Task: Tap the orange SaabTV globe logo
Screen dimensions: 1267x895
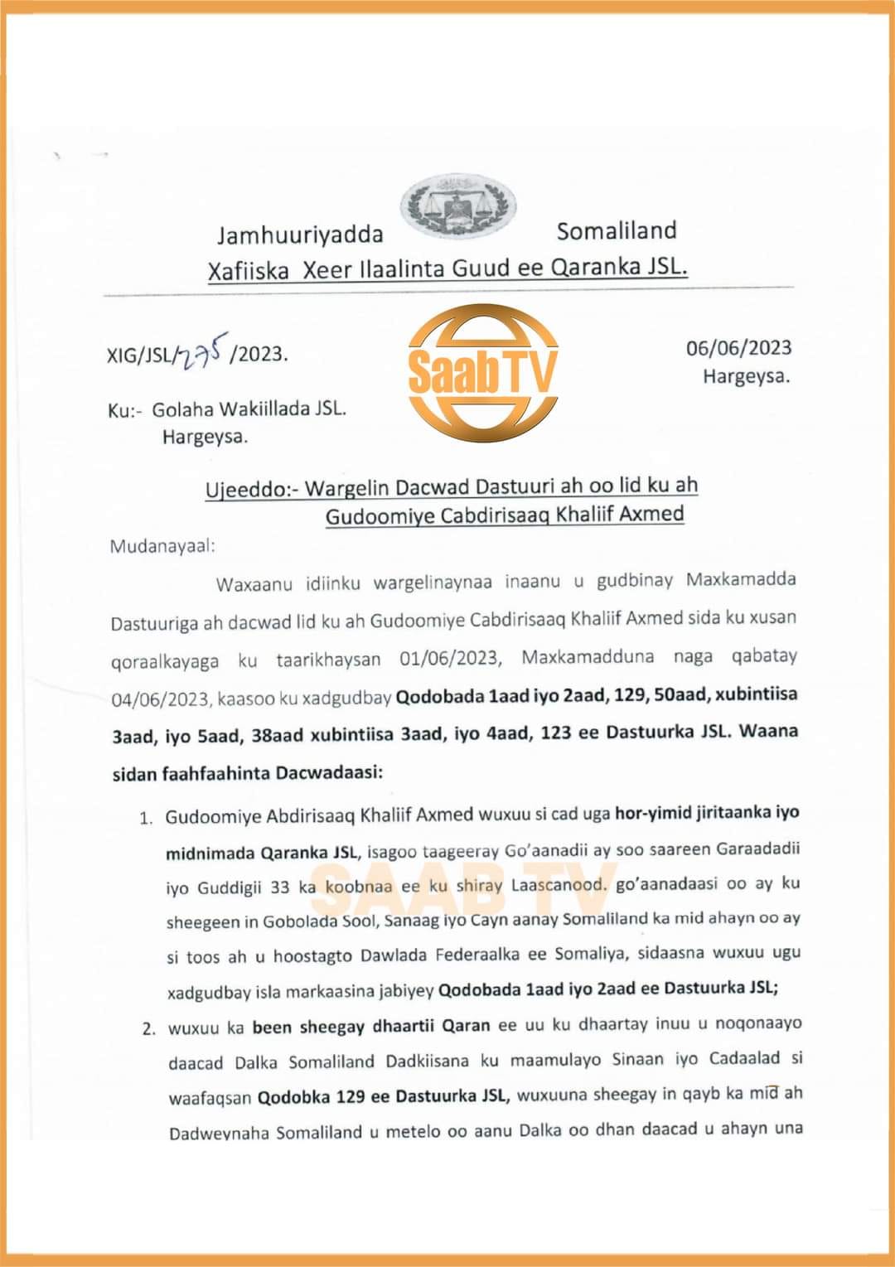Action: click(482, 372)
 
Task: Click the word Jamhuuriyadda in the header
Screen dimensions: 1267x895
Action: click(300, 235)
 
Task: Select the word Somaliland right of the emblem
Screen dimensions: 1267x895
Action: click(617, 230)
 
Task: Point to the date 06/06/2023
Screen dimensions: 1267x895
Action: click(738, 348)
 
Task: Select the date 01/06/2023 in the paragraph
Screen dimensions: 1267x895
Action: click(450, 658)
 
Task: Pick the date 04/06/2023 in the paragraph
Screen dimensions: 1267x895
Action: click(160, 699)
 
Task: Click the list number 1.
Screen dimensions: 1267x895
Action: click(146, 819)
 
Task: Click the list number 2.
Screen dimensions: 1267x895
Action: click(149, 1029)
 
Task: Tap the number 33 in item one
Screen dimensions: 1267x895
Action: click(279, 887)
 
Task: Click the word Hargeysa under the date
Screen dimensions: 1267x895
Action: click(746, 376)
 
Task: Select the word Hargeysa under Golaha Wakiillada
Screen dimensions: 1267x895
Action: click(205, 437)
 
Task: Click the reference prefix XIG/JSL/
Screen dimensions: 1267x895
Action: click(142, 355)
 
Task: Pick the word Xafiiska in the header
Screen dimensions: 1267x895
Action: click(249, 271)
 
